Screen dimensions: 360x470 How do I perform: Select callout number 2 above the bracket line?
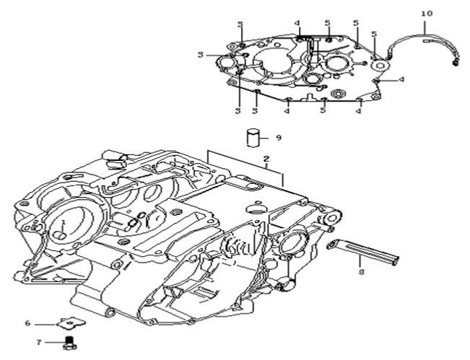pyautogui.click(x=266, y=159)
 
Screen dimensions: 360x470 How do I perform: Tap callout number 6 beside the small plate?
pyautogui.click(x=48, y=323)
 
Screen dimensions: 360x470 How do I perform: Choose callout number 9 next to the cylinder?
pyautogui.click(x=278, y=137)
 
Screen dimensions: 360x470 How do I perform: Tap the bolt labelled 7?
pyautogui.click(x=71, y=340)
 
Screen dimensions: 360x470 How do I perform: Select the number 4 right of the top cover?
pyautogui.click(x=401, y=79)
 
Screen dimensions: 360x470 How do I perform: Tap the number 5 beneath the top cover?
pyautogui.click(x=323, y=110)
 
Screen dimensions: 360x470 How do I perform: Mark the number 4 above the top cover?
pyautogui.click(x=297, y=23)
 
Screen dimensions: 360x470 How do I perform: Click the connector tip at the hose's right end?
pyautogui.click(x=456, y=63)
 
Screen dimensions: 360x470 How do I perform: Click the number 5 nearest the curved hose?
pyautogui.click(x=374, y=34)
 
